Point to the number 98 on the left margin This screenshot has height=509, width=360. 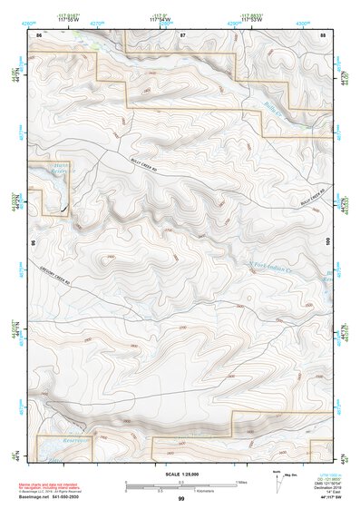pyautogui.click(x=34, y=244)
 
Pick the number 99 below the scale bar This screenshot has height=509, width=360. pyautogui.click(x=181, y=500)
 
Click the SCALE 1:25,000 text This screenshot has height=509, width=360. pyautogui.click(x=180, y=474)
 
